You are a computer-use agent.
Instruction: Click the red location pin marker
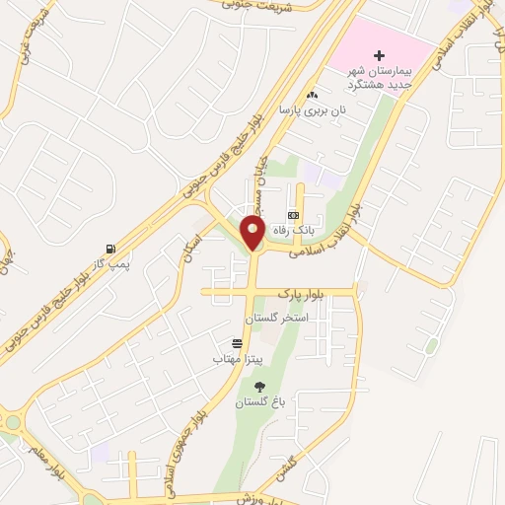point(252,234)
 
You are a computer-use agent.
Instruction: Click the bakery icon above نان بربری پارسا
point(313,95)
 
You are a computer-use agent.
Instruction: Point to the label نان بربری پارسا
point(313,110)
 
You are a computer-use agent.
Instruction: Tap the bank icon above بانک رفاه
point(293,214)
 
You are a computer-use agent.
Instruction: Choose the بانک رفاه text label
point(297,229)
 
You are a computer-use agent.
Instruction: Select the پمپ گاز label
point(108,263)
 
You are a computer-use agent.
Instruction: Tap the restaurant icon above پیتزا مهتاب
point(237,343)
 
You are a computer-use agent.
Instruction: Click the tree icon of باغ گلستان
point(259,387)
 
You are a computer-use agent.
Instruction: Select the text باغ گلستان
point(257,402)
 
